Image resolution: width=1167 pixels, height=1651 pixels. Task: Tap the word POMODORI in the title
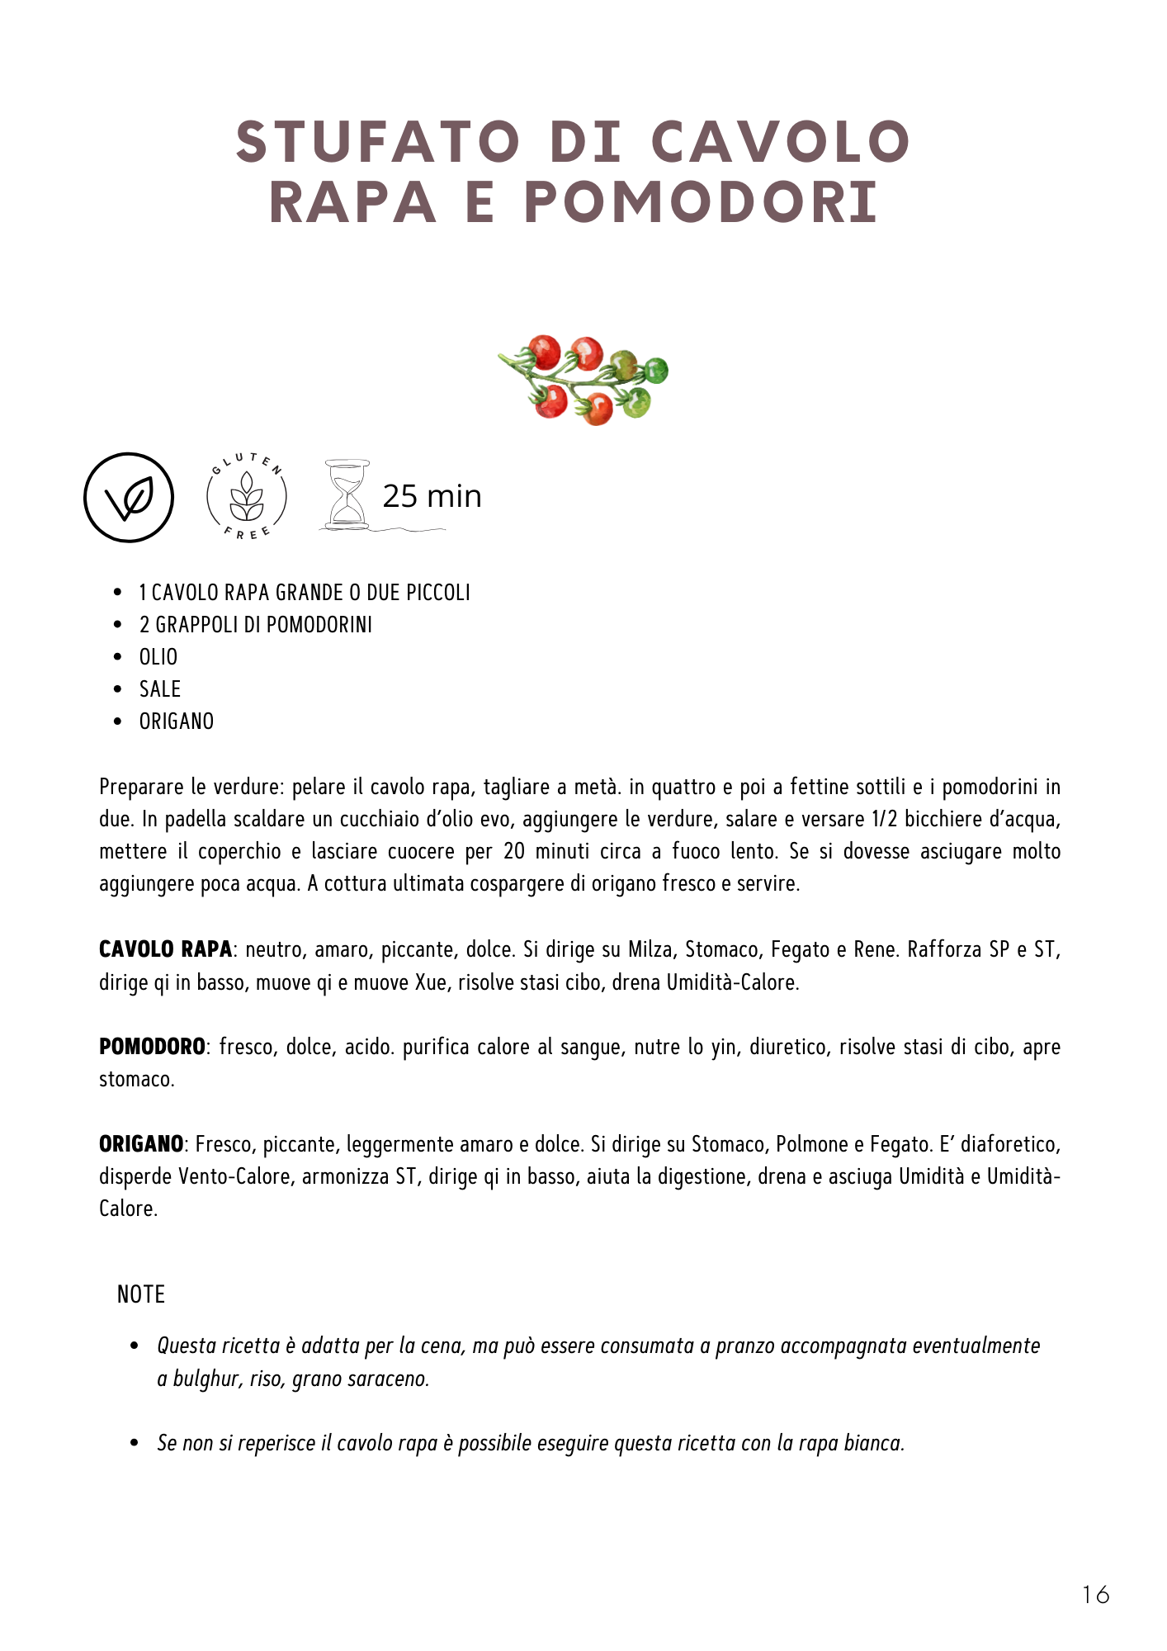[701, 203]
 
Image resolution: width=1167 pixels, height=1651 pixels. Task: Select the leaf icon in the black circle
[129, 498]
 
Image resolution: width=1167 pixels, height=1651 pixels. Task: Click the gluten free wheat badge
[246, 497]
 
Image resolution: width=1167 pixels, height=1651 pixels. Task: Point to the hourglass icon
[346, 494]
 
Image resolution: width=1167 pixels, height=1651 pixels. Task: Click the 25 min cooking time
[432, 496]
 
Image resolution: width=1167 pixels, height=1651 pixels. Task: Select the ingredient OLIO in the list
[158, 657]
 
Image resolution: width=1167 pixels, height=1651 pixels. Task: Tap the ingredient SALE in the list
[159, 689]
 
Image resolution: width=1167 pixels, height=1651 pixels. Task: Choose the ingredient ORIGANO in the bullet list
[176, 721]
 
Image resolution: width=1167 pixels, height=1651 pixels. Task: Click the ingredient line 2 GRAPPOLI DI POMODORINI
[256, 625]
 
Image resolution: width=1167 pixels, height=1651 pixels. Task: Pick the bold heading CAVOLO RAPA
[165, 949]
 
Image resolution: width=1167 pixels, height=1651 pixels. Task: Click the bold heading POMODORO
[152, 1047]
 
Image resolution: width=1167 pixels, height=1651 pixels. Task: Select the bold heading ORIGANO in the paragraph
[141, 1144]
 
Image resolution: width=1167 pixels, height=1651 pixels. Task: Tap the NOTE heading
[141, 1294]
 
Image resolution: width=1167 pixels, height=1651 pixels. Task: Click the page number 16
[1095, 1594]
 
